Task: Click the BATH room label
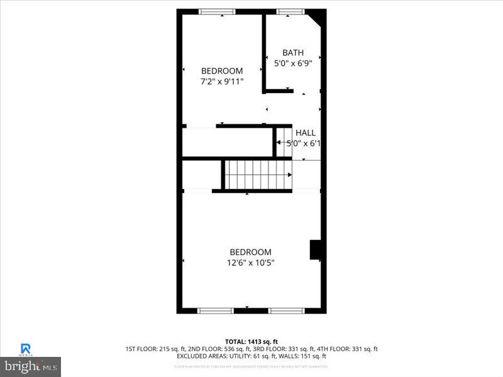pos(293,53)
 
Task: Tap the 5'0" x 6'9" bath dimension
pos(293,63)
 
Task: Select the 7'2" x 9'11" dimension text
pos(221,82)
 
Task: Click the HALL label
pos(306,133)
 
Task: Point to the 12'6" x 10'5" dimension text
pos(250,263)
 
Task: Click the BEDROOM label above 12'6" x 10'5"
pos(250,252)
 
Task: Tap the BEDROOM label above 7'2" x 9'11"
pos(221,71)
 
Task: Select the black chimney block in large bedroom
pos(316,250)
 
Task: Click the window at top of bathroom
pos(290,11)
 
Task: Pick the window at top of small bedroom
pos(217,11)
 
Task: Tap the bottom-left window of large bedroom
pos(216,310)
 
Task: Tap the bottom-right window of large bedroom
pos(287,310)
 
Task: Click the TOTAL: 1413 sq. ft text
pos(251,341)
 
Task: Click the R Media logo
pos(26,349)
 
